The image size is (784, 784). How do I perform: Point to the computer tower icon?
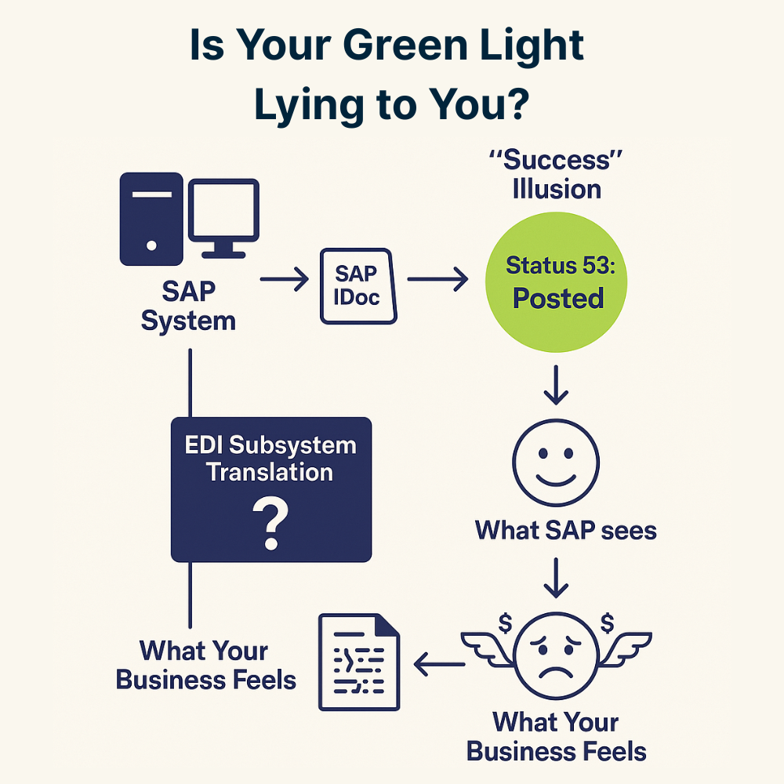click(x=151, y=219)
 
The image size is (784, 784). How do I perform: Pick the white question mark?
click(x=270, y=526)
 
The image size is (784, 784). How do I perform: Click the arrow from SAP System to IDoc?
click(x=284, y=280)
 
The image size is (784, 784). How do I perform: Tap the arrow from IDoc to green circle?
click(x=437, y=280)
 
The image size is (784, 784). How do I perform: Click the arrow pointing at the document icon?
click(x=440, y=666)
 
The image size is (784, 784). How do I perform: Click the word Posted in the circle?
click(x=558, y=299)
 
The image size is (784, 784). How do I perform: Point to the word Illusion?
click(x=557, y=190)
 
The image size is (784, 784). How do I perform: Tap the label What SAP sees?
click(x=565, y=530)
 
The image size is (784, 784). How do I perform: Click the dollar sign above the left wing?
click(x=505, y=623)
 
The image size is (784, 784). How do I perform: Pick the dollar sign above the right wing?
click(x=606, y=623)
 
